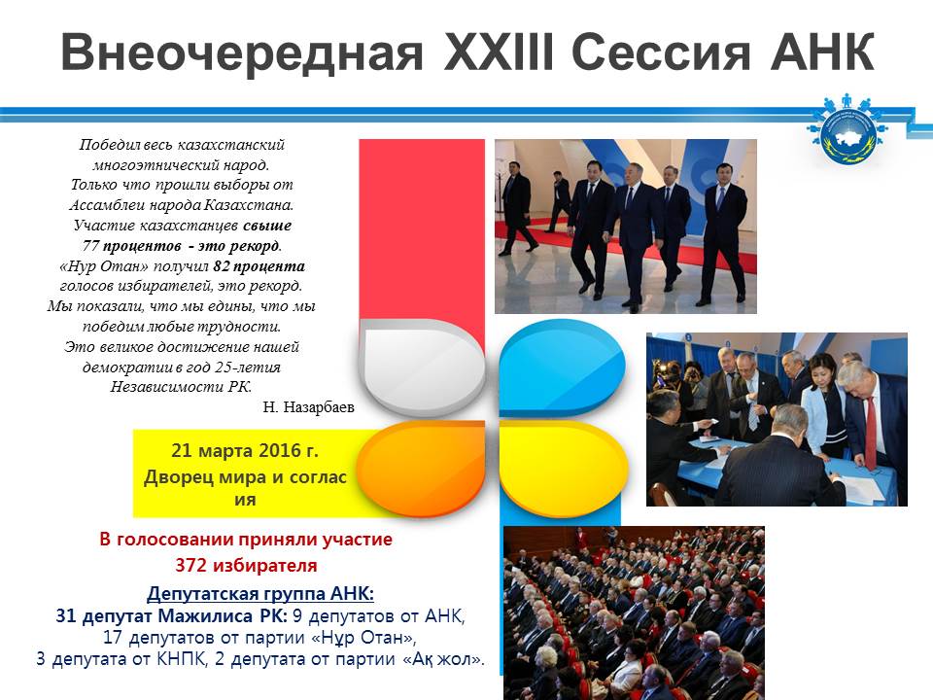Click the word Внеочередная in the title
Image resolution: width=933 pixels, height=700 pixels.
point(242,52)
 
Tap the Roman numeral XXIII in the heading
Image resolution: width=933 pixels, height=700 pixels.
point(499,52)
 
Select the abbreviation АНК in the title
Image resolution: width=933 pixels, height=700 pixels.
point(822,52)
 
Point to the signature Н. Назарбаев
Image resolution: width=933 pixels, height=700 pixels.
point(308,407)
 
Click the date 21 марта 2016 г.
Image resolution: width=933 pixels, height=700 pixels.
point(245,450)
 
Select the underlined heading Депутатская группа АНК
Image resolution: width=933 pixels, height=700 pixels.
point(260,593)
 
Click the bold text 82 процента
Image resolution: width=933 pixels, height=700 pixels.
point(259,266)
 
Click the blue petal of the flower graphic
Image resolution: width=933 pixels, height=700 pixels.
point(562,367)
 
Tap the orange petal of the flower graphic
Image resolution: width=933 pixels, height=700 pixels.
point(422,467)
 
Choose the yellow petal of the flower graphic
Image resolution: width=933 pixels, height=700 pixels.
point(563,467)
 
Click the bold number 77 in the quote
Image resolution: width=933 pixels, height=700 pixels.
point(90,246)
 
